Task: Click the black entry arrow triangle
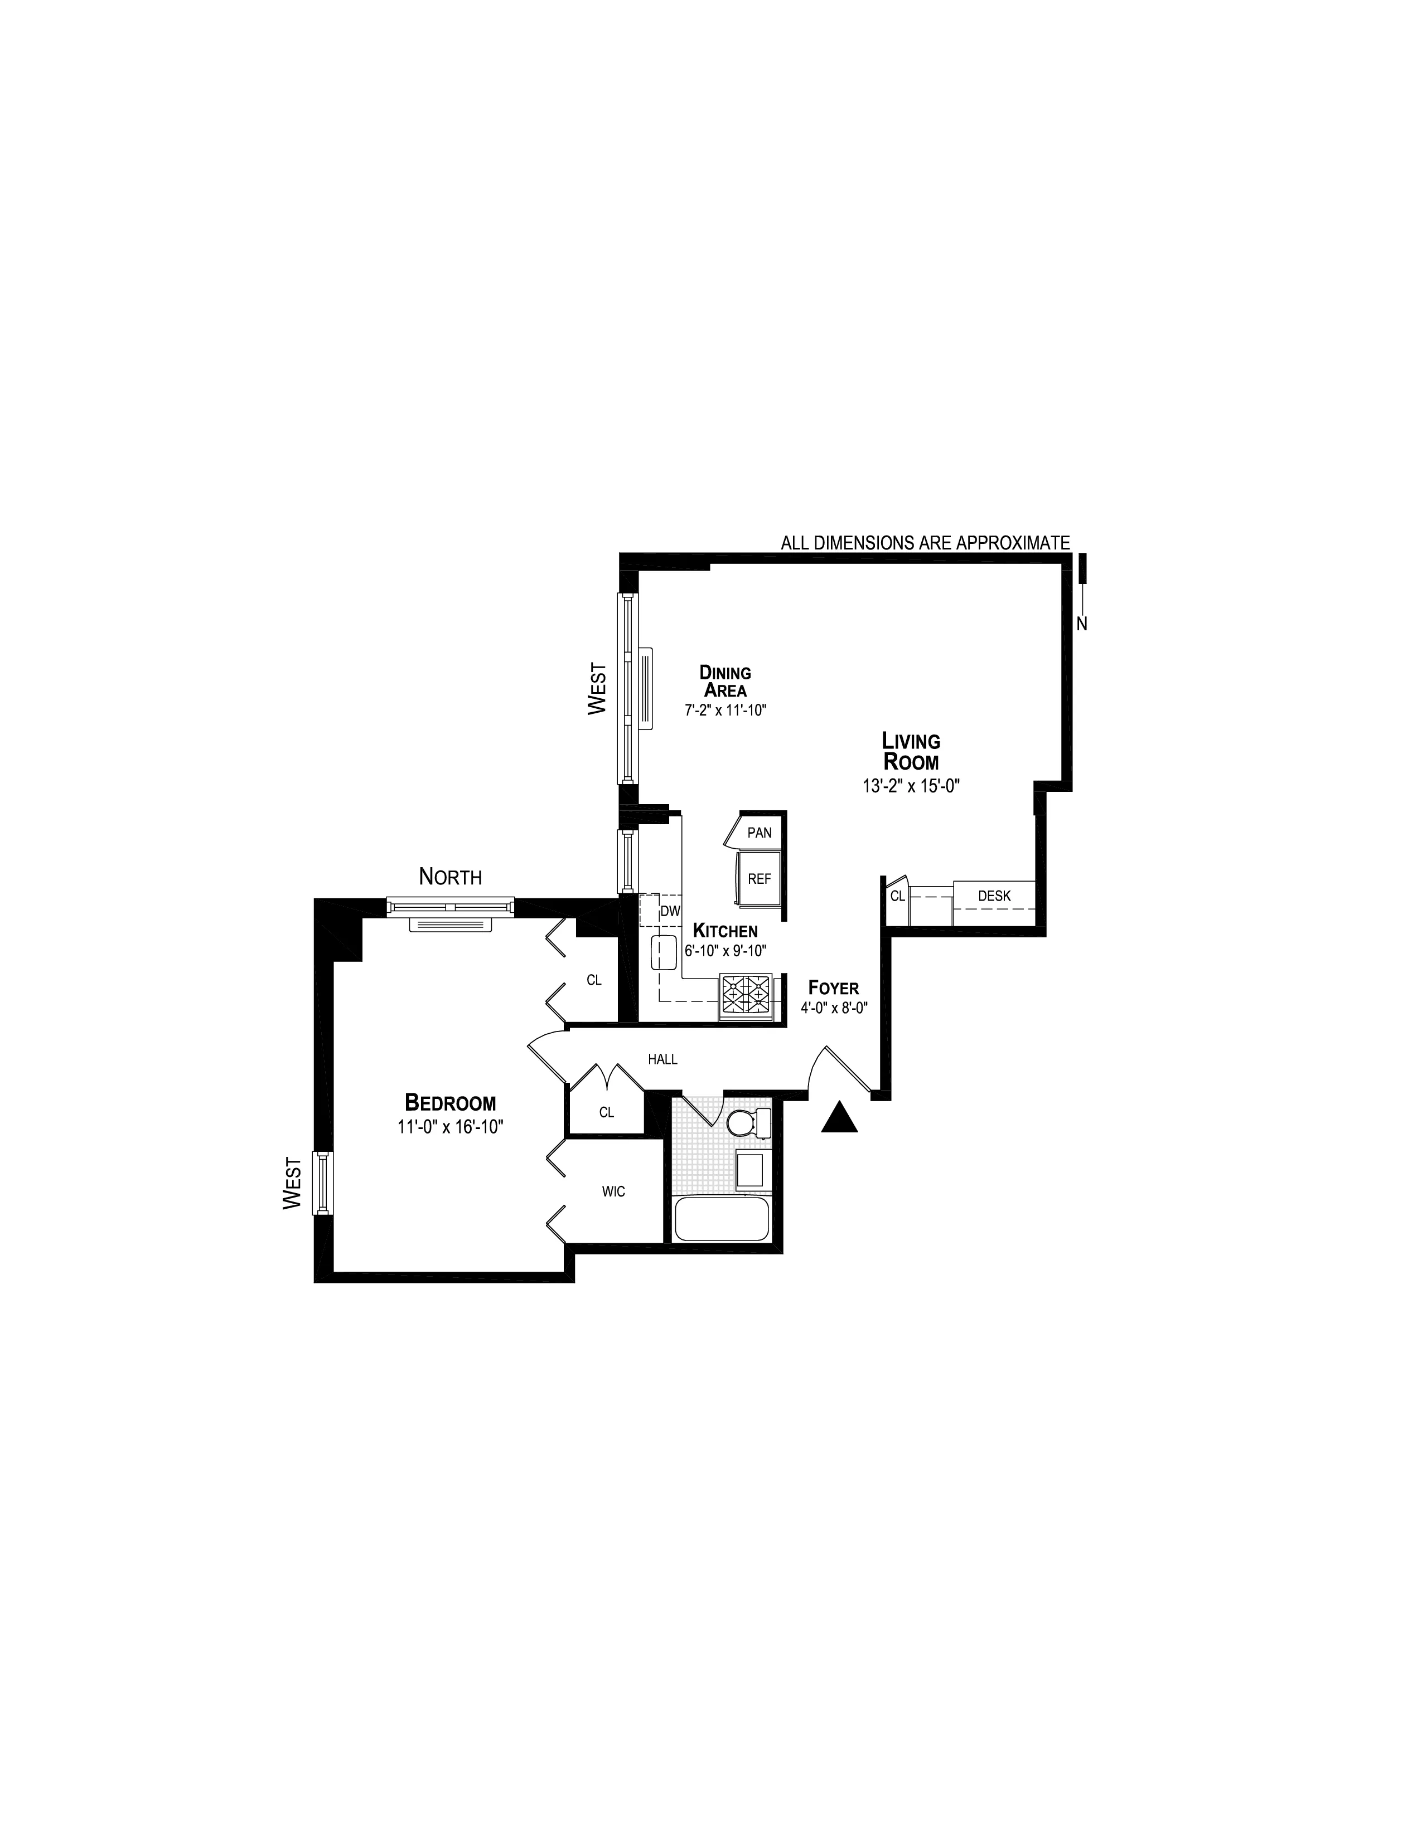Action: pos(839,1119)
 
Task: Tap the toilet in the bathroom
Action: pos(746,1122)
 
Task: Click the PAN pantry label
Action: pos(759,833)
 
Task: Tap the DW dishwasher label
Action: pos(670,911)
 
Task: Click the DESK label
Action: pos(994,896)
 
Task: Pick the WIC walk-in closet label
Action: pos(613,1191)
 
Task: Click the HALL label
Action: pos(663,1059)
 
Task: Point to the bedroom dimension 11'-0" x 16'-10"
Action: pos(451,1127)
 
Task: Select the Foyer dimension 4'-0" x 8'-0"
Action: pos(834,1007)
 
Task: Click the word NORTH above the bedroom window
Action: pos(451,877)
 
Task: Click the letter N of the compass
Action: pos(1082,624)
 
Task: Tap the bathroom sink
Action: pos(749,1170)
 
